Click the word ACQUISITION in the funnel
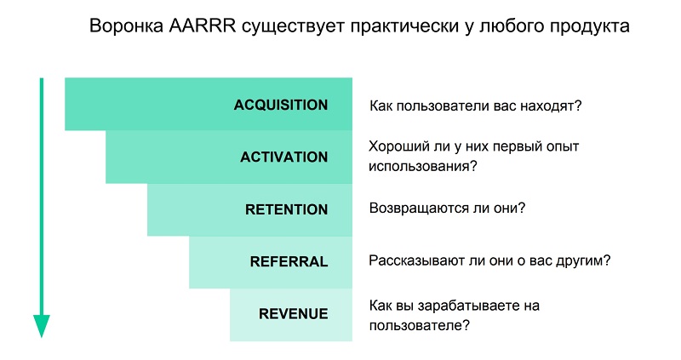click(x=281, y=105)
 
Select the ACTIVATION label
click(x=284, y=157)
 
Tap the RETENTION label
click(x=286, y=209)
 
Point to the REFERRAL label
click(x=289, y=261)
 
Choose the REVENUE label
click(x=293, y=313)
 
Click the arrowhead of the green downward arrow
click(x=42, y=326)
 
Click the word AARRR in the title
click(x=203, y=26)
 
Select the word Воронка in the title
click(x=126, y=26)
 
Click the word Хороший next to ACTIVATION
click(x=399, y=146)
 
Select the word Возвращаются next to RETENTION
click(x=419, y=209)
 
